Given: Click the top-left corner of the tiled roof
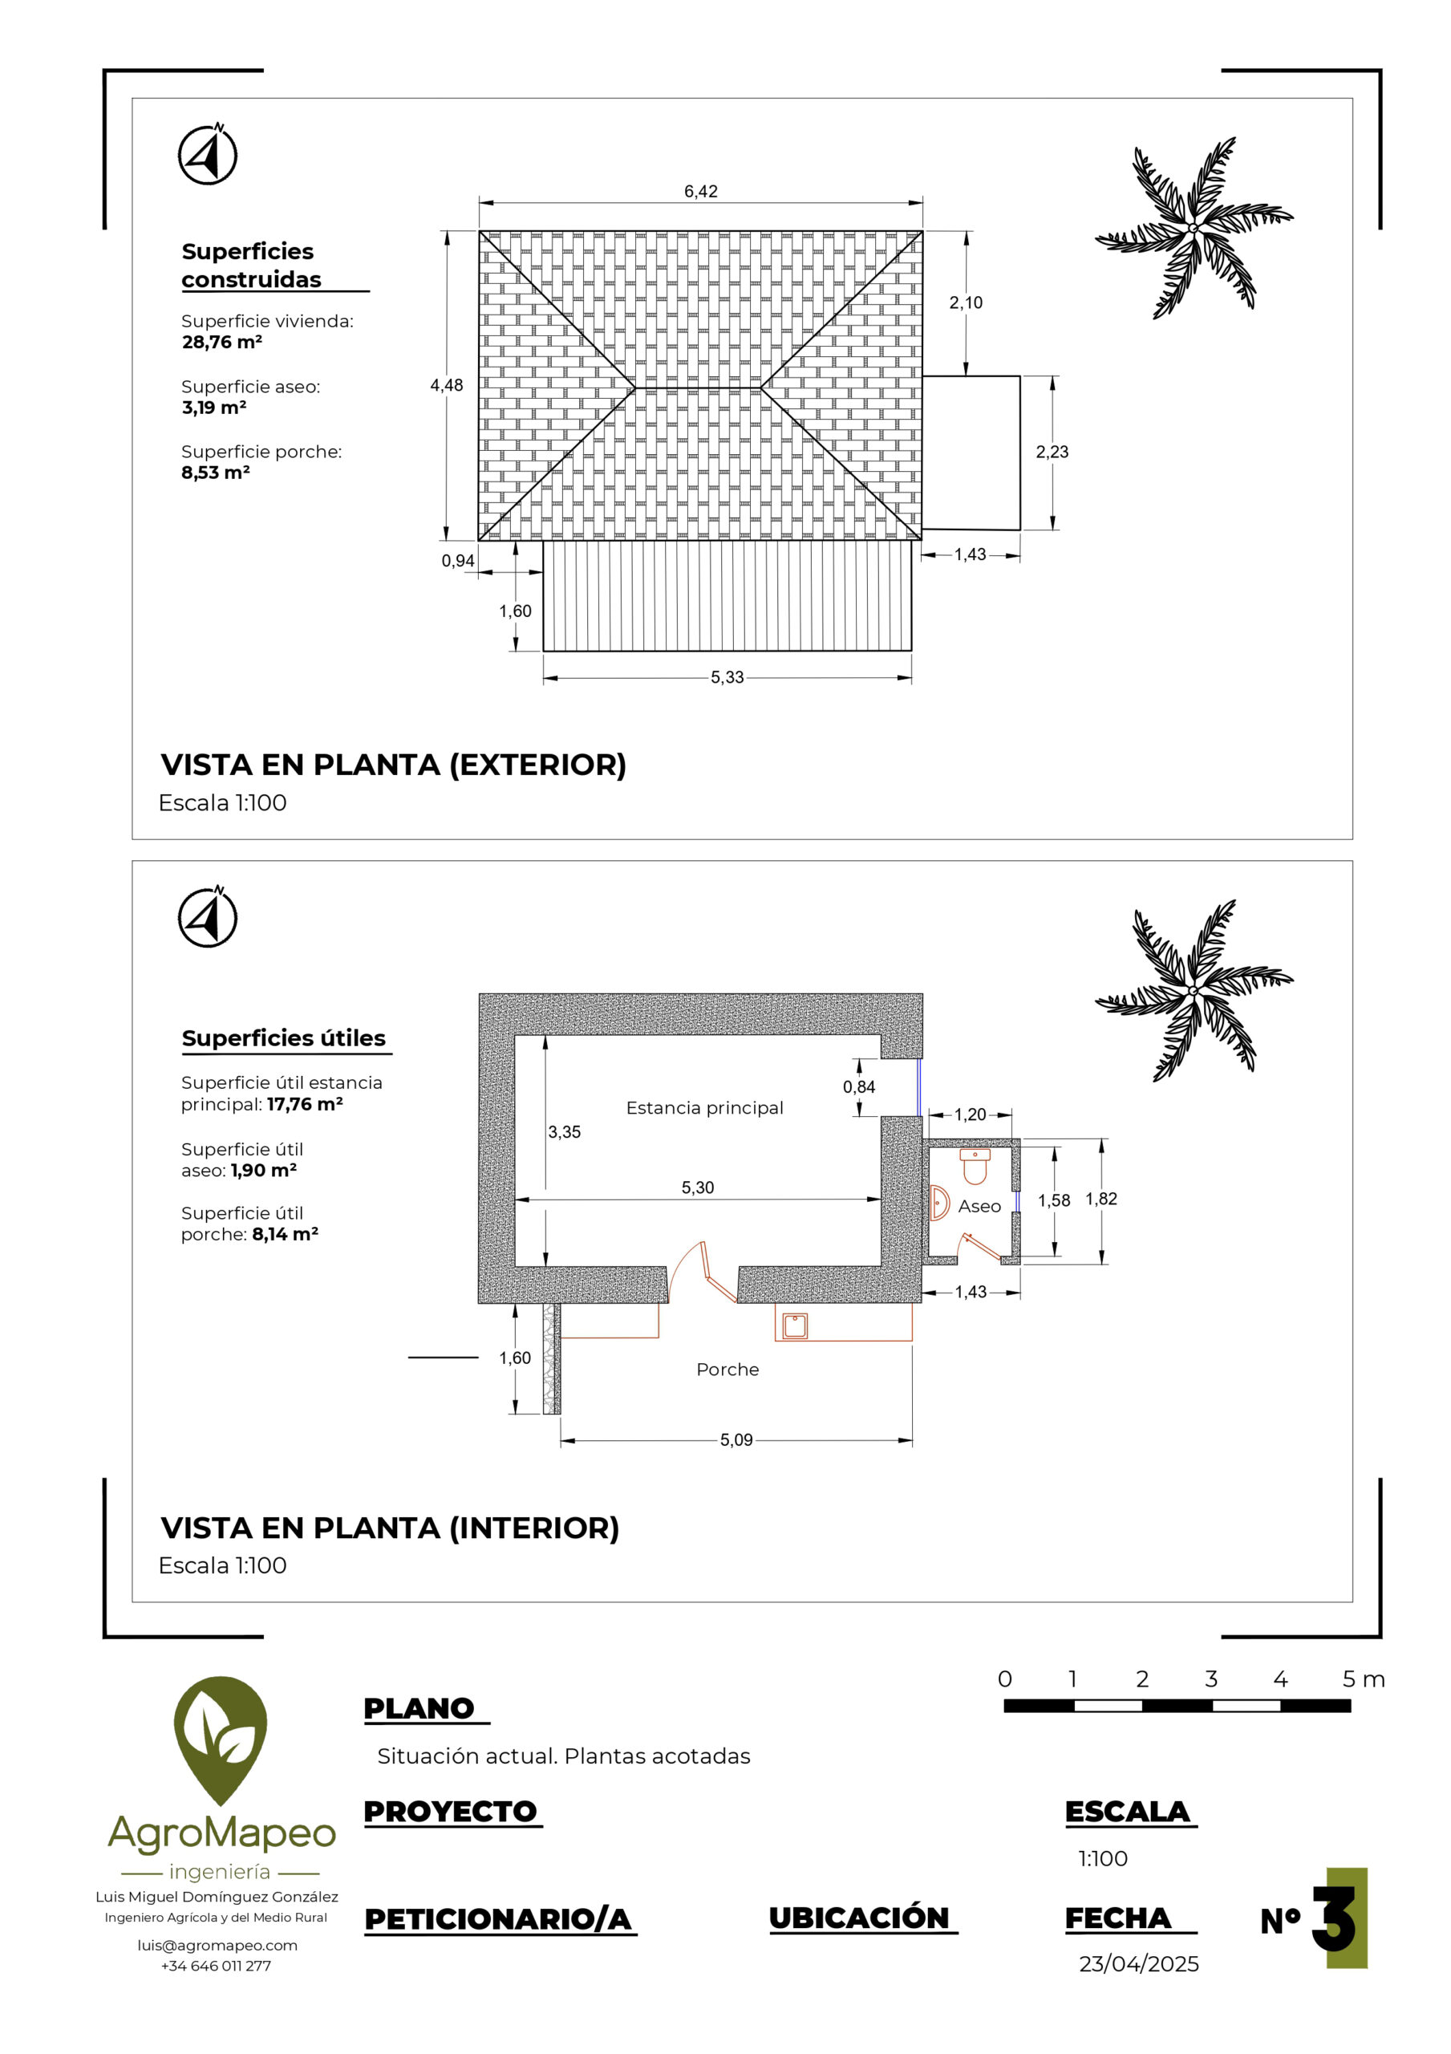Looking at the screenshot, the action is [479, 231].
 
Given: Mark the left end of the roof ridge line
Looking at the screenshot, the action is [635, 388].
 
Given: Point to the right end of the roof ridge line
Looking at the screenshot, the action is [761, 388].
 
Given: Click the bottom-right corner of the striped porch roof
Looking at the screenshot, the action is [911, 651].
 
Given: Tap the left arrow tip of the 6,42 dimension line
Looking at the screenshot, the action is [480, 203].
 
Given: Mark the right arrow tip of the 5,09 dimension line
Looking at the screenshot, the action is [911, 1440].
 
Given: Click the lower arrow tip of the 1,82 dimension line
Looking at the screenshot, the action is [1102, 1263].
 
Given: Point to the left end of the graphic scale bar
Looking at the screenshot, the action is [1004, 1705].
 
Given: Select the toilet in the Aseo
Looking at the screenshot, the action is [975, 1166].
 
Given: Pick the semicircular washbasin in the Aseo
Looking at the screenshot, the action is [938, 1204].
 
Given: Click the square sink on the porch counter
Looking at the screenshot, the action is [794, 1325].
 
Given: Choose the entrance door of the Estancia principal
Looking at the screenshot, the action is [703, 1270].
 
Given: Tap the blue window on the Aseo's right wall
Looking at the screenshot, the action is [1018, 1200].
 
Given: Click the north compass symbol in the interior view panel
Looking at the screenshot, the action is [208, 917].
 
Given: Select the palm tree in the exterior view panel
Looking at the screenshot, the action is [1194, 227].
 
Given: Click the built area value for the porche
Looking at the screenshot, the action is [216, 473].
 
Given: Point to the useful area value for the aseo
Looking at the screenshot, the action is [263, 1170].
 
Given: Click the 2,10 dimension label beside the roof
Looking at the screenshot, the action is [967, 302].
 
